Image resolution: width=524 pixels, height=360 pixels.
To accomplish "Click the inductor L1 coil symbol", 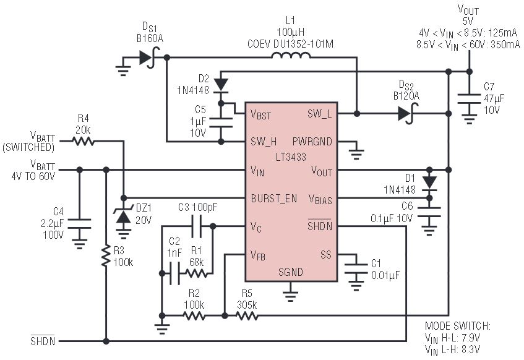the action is coord(291,56).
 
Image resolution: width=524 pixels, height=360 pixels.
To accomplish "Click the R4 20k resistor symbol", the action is coord(84,142).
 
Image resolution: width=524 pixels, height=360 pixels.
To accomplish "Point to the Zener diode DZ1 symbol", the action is coord(124,216).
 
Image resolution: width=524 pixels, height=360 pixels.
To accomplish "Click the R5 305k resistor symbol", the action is coord(247,315).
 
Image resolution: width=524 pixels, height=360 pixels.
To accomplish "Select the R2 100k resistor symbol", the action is coord(194,315).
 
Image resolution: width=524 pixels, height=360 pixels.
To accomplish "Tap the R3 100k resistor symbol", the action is coord(106,255).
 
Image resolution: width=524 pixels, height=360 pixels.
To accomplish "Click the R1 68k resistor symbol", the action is coord(197,274).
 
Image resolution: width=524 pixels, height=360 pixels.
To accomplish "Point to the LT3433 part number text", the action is coord(291,156).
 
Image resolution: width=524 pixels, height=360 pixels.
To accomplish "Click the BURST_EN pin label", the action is coord(273,199).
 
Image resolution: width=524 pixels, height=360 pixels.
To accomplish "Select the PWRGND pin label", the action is coord(312,142).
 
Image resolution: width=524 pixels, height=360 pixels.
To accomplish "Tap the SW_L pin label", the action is coord(319,114).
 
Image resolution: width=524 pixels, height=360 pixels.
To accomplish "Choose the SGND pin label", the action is coord(291,272).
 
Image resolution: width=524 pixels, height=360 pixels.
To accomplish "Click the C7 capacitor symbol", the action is coord(469,99).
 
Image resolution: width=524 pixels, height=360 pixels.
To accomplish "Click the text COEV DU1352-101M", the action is coord(290,44).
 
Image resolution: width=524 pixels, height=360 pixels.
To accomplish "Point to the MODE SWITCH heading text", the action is coord(458,325).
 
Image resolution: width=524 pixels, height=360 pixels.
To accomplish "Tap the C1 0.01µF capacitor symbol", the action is coord(356,269).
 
